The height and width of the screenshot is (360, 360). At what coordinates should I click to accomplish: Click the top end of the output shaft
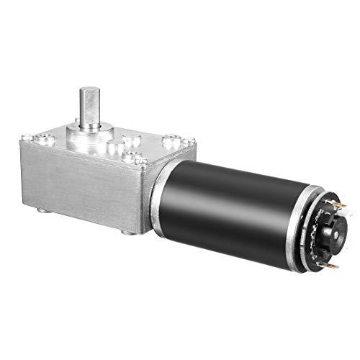(89, 91)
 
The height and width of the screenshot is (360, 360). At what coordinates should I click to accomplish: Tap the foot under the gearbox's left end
(43, 210)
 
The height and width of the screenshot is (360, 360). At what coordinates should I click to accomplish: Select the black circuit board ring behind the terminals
(315, 238)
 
